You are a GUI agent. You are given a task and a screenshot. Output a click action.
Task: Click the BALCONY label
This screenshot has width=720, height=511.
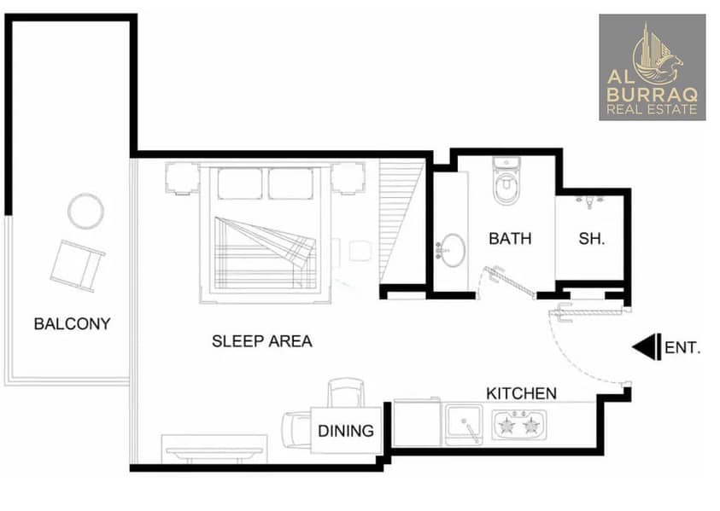[72, 324]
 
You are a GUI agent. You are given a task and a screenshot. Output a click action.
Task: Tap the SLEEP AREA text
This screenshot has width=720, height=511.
[261, 341]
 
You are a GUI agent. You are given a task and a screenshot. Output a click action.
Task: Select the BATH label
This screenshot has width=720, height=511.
[510, 239]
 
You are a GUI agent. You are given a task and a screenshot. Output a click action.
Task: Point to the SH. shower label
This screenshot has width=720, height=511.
[591, 239]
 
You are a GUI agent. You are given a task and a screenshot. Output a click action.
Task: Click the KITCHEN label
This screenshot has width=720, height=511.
[521, 393]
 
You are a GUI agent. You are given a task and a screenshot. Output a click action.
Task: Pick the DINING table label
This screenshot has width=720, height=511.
[346, 431]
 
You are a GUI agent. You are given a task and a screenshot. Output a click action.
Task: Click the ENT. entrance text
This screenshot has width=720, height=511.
[682, 348]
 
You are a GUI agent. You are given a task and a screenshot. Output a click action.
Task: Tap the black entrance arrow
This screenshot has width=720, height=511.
[647, 347]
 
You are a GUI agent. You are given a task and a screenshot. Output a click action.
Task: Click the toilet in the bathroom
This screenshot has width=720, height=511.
[506, 181]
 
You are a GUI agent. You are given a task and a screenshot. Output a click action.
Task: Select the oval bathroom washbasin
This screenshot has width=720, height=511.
[453, 250]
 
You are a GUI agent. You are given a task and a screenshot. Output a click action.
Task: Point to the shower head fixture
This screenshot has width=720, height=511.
[589, 202]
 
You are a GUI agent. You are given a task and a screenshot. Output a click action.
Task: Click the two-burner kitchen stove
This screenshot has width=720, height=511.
[519, 425]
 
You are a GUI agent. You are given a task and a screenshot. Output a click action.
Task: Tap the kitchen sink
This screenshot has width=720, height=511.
[465, 424]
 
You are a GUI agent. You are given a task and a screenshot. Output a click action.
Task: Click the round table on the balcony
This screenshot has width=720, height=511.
[85, 211]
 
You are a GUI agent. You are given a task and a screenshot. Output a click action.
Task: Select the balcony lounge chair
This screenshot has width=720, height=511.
[77, 266]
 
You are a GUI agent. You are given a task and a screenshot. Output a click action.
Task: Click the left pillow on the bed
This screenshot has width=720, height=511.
[240, 183]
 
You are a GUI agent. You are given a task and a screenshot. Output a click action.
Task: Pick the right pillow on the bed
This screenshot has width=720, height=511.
[290, 183]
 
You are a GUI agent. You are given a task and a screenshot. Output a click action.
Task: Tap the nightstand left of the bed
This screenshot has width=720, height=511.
[182, 178]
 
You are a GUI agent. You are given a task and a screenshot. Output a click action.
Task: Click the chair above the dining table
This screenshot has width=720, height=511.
[346, 392]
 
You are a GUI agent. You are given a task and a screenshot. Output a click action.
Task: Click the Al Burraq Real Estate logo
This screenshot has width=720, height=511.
[652, 67]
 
